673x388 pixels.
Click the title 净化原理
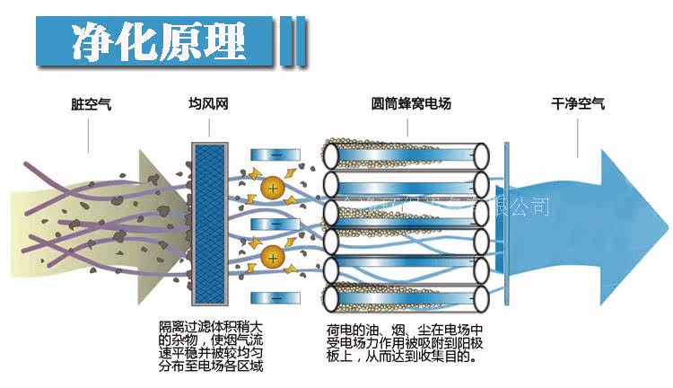tap(157, 40)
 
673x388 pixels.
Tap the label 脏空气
tap(90, 103)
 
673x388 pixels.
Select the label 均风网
tap(206, 103)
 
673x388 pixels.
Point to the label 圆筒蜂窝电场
tap(411, 103)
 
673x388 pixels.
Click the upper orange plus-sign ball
tap(272, 189)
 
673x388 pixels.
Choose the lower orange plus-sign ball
tap(272, 259)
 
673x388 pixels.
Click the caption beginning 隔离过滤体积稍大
tap(212, 346)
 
